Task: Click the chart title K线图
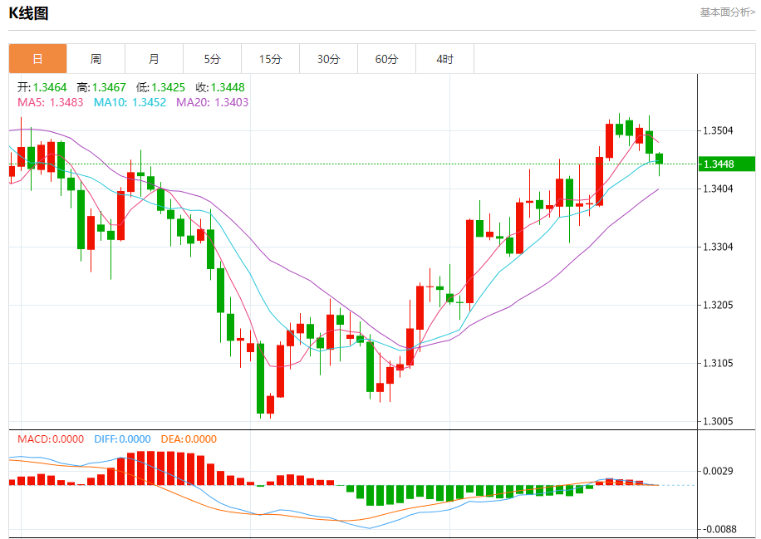29,12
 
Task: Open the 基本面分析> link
728,12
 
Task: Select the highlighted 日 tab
37,59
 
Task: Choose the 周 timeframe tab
96,59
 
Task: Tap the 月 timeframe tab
154,59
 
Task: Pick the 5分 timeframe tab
213,59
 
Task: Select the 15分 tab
271,59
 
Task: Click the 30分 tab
329,59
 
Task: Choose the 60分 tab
387,59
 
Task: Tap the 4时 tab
445,59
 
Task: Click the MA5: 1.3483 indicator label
50,102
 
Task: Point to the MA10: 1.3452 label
130,102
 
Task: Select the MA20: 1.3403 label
212,102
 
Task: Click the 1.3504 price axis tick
718,131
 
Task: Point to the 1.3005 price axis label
718,422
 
